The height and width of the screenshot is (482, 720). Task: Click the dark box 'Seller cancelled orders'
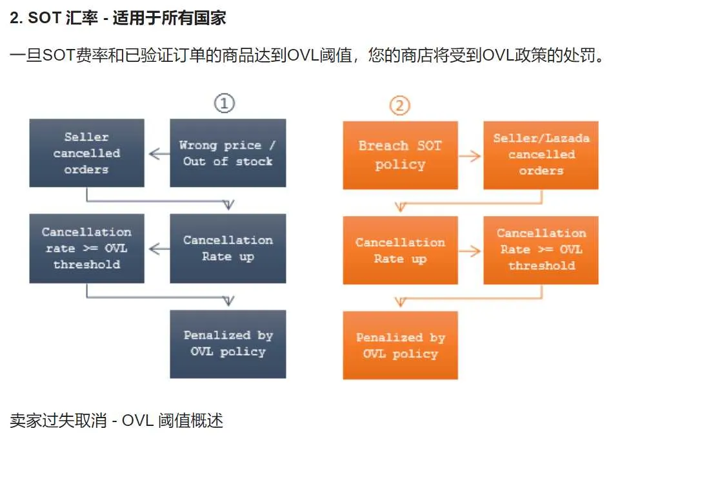86,153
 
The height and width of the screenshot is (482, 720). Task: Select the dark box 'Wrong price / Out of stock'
228,153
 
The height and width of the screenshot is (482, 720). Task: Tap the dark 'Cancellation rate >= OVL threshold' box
86,248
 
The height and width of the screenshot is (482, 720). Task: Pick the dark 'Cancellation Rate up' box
228,248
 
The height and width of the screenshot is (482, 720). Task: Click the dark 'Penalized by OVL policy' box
228,343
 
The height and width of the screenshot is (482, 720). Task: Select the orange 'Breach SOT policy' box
400,155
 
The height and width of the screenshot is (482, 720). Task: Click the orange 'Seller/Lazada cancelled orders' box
541,155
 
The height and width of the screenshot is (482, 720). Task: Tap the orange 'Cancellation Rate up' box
400,250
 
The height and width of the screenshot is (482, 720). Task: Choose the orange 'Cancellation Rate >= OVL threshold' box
541,250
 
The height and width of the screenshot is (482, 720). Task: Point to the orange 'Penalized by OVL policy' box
400,345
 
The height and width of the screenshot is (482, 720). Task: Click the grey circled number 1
224,103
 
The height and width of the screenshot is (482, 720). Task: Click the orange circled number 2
399,105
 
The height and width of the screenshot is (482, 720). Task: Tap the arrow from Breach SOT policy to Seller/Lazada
470,156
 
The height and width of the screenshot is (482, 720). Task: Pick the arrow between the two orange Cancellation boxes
470,251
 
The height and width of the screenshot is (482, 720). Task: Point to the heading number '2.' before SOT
16,18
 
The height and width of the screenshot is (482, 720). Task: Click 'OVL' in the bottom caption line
137,421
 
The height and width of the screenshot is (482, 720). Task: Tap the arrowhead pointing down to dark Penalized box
228,301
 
